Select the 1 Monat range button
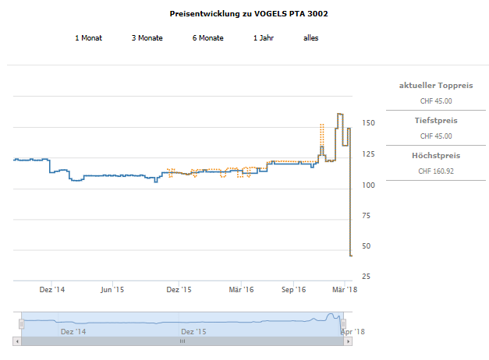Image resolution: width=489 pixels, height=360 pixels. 88,37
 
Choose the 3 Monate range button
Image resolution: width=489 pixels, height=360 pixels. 147,37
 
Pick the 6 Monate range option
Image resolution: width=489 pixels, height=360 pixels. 207,37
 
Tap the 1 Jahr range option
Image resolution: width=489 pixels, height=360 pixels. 263,37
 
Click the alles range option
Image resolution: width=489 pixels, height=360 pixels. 310,37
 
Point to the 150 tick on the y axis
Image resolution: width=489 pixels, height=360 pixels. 369,123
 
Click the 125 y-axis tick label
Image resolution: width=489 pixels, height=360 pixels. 369,154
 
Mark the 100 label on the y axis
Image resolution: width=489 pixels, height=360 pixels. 369,185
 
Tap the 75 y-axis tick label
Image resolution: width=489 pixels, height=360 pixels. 367,215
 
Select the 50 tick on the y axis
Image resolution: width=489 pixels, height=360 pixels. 367,246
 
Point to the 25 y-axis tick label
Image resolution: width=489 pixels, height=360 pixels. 367,277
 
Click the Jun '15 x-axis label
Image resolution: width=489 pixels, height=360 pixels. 113,290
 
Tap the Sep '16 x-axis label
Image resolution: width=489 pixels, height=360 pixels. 293,290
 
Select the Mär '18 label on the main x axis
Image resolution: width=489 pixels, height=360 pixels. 338,290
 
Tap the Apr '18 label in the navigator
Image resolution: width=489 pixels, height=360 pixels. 353,331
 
